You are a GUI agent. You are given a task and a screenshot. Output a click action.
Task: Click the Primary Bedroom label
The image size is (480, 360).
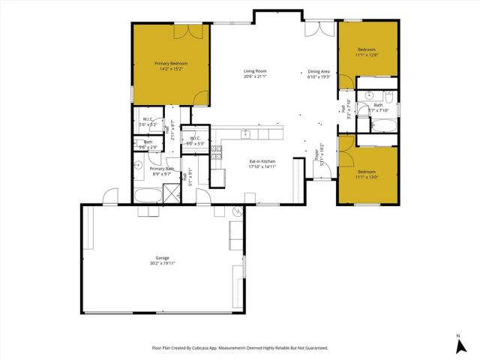pos(171,64)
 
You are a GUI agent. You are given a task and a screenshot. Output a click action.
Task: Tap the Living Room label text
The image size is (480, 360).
pos(255,71)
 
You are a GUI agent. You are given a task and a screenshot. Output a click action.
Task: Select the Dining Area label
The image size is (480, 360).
pos(319,71)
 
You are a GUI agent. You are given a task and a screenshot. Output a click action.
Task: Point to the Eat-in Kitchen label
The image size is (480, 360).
pos(262,161)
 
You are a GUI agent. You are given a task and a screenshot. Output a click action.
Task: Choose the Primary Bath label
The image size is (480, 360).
pos(162,169)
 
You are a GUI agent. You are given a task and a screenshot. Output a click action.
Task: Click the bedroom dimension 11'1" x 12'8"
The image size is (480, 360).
pos(367,55)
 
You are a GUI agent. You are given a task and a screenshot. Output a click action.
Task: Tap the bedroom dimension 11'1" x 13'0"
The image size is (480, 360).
pos(367,178)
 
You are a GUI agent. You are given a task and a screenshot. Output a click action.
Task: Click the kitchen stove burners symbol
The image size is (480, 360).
pos(216,149)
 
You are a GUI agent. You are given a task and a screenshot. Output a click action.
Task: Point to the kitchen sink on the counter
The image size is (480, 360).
pos(245,133)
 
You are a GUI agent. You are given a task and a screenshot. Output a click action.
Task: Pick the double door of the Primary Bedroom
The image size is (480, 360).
pos(193,31)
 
